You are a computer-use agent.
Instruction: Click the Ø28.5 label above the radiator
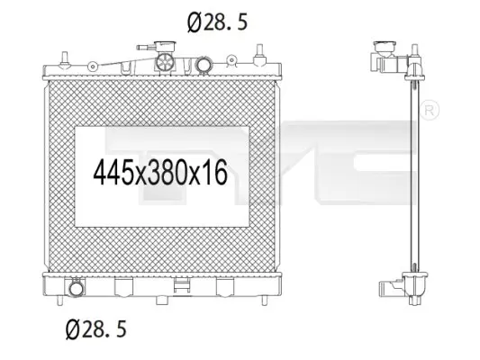pos(217,22)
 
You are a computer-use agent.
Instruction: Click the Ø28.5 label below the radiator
pos(96,329)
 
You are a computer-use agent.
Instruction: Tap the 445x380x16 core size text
pos(160,173)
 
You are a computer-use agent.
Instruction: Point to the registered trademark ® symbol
pos(430,111)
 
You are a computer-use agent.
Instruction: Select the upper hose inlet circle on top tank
pos(204,65)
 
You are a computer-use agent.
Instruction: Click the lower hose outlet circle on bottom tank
pos(76,289)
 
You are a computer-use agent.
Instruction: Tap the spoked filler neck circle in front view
pos(165,62)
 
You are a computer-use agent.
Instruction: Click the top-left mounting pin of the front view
pos(64,58)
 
